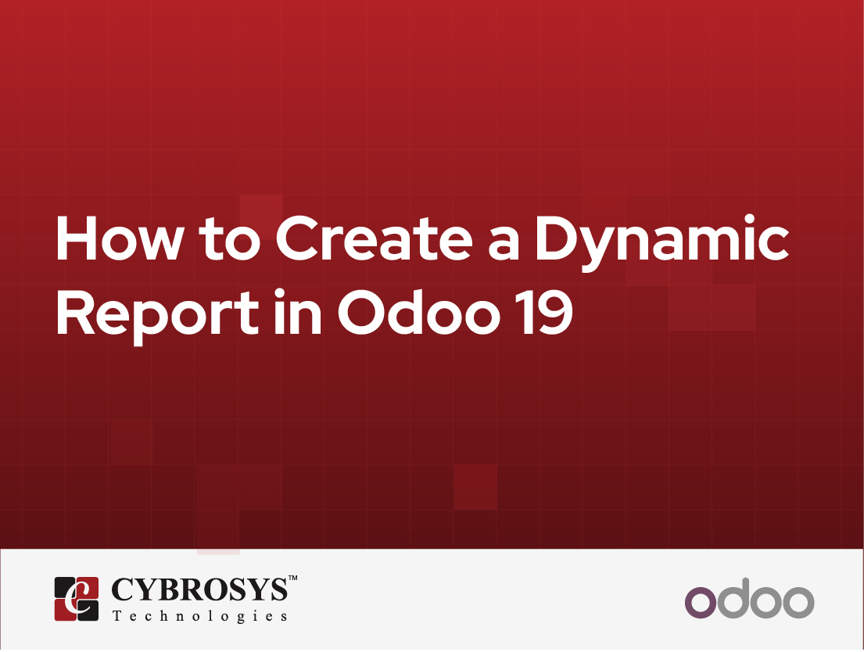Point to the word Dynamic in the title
point(661,241)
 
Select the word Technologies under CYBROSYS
point(199,616)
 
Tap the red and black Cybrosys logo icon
point(76,598)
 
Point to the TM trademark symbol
point(292,579)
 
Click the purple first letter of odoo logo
point(700,602)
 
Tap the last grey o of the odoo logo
point(799,602)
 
